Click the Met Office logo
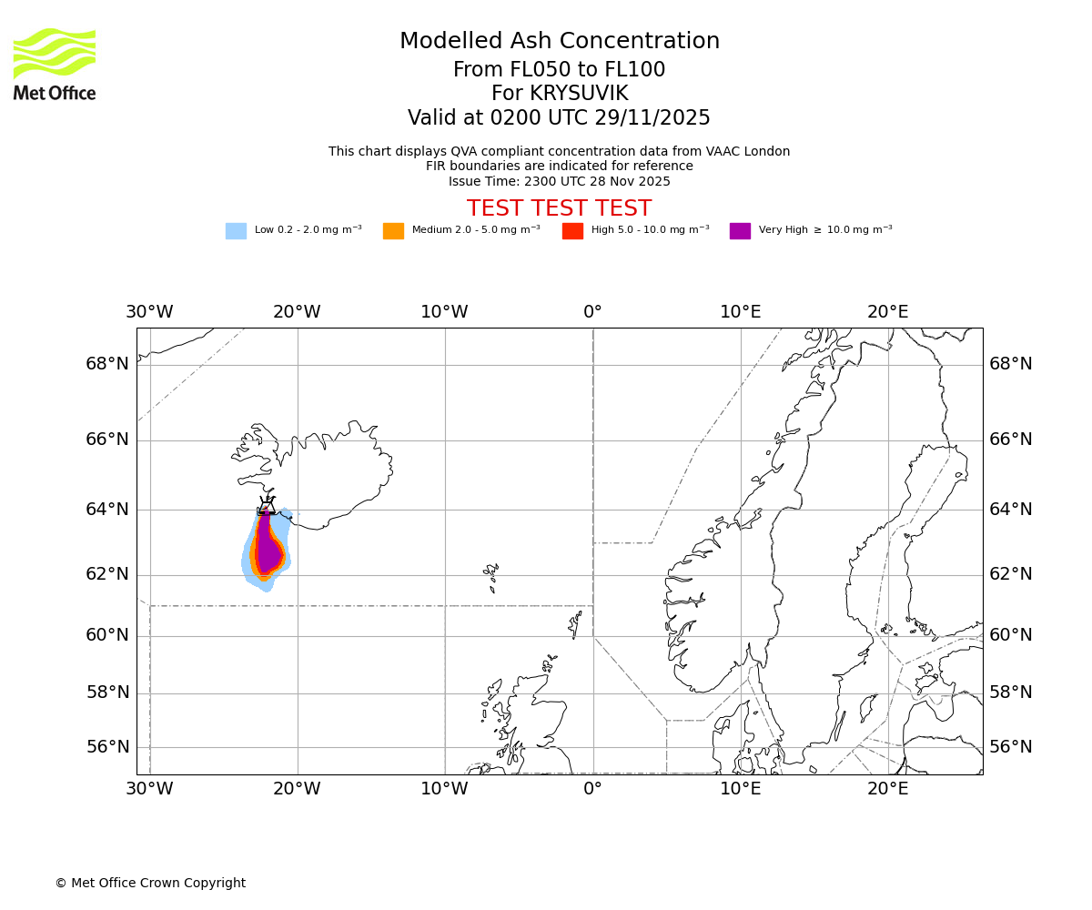55,64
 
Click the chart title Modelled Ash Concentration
559,42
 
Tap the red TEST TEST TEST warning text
559,208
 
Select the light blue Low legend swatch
236,231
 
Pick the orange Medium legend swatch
393,231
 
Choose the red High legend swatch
572,231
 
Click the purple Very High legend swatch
740,231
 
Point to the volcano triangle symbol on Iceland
266,506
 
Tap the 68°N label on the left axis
107,364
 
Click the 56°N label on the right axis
1010,747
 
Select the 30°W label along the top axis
149,312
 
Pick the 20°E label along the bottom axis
887,789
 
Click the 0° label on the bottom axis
592,789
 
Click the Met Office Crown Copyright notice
150,883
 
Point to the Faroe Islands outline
491,574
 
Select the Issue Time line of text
559,181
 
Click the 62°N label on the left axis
107,574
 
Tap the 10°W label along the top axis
444,312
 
